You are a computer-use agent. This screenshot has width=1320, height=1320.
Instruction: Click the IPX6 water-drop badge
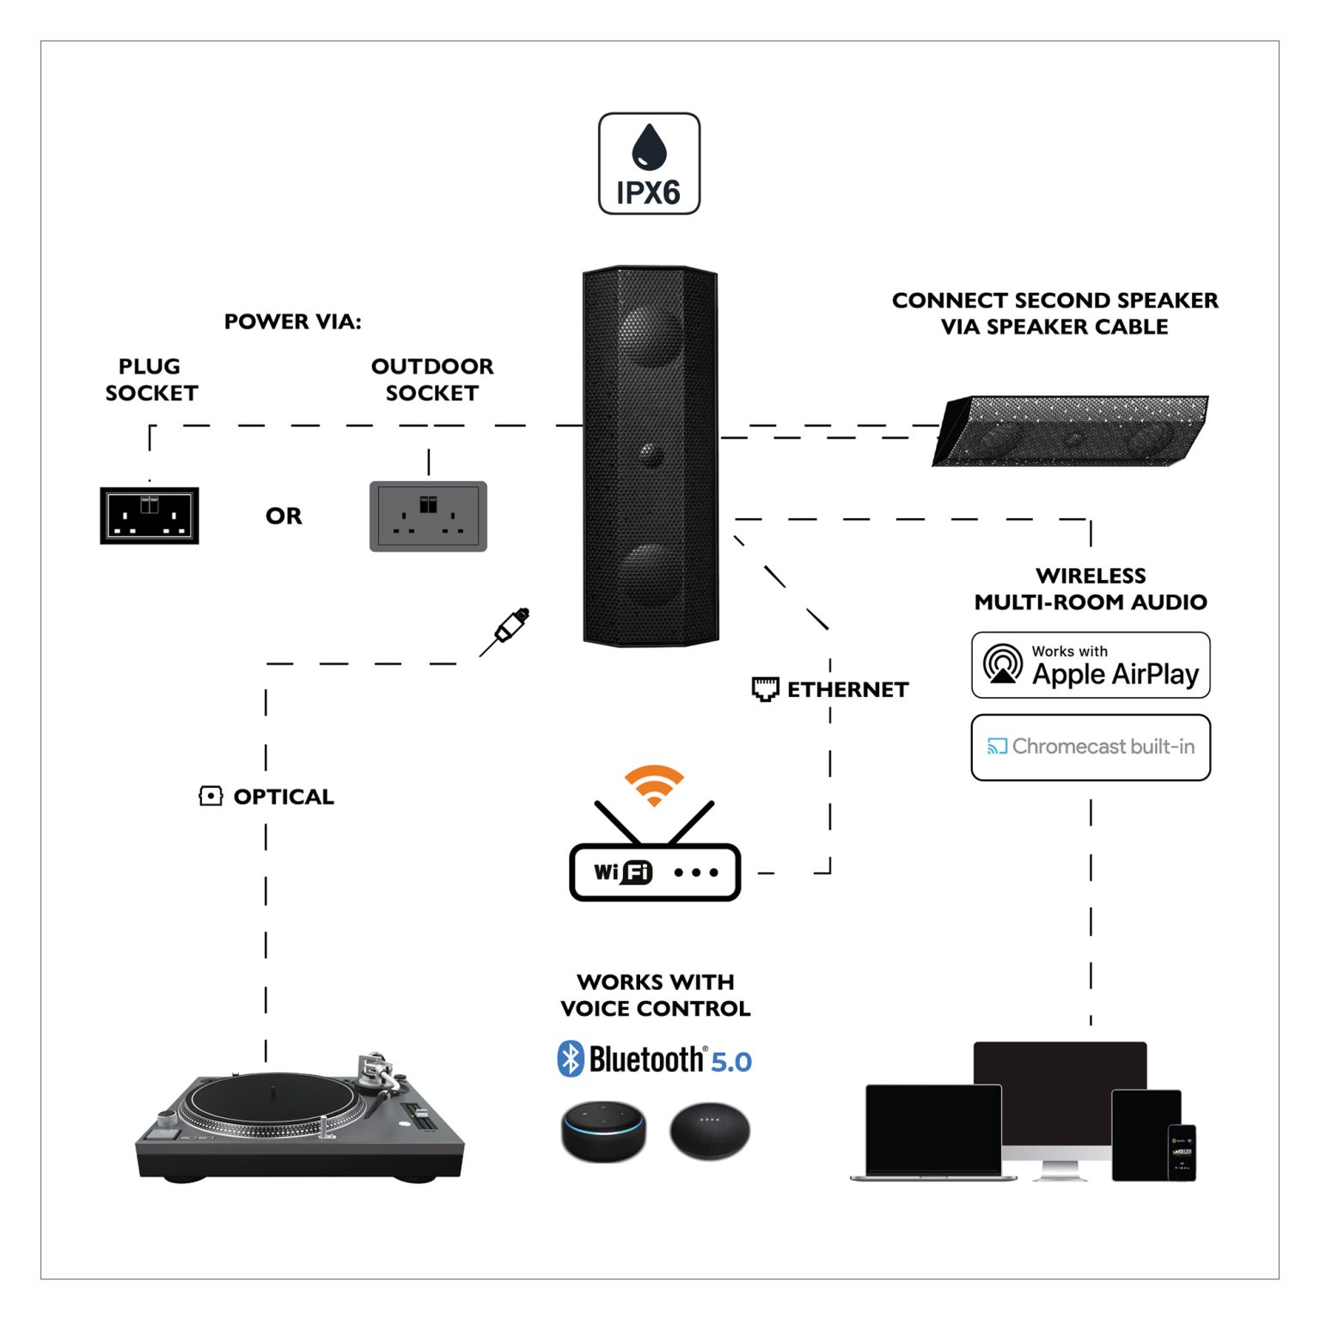pos(649,163)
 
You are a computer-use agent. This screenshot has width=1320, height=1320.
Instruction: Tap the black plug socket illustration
pos(150,515)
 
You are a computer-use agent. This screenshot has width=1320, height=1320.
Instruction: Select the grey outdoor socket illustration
pos(428,516)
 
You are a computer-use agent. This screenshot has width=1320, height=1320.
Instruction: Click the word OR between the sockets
pos(284,516)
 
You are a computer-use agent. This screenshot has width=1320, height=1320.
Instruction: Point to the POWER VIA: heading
pos(292,321)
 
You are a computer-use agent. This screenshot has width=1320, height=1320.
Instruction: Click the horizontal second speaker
pos(1071,431)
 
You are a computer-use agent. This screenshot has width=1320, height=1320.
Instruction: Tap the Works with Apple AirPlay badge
pos(1090,665)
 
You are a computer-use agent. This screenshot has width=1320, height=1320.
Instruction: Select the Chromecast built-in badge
pos(1090,747)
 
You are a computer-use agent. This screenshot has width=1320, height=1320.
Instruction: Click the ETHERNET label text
pos(847,689)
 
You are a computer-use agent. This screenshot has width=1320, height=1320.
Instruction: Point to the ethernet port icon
pos(765,688)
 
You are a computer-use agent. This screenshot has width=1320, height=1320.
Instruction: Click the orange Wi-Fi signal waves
pos(654,784)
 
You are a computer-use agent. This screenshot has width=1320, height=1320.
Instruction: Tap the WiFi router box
pos(654,872)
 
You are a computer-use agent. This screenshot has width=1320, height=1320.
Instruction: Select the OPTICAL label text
pos(284,797)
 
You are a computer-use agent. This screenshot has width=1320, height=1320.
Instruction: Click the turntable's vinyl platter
pos(272,1101)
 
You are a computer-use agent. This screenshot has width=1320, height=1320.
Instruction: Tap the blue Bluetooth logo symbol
pos(570,1059)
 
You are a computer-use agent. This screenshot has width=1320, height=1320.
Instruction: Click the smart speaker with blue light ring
pos(603,1129)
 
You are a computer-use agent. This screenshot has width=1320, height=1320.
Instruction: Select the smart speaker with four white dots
pos(710,1129)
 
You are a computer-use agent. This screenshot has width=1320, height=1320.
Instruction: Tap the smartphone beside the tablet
pos(1182,1152)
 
